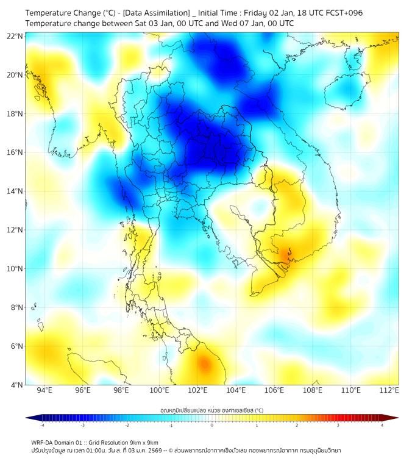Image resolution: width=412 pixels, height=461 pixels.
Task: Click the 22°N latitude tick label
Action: pyautogui.click(x=15, y=36)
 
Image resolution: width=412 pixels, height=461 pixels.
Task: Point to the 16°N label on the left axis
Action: pyautogui.click(x=15, y=152)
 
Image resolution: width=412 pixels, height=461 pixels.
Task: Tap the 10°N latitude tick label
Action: pyautogui.click(x=15, y=268)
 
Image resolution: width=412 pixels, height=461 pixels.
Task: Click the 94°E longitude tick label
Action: pyautogui.click(x=44, y=390)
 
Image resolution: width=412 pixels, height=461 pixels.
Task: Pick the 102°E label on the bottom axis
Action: pyautogui.click(x=197, y=390)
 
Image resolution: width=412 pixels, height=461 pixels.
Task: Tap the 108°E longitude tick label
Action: pyautogui.click(x=313, y=390)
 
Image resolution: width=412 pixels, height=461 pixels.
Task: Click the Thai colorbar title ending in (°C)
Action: pyautogui.click(x=211, y=410)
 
